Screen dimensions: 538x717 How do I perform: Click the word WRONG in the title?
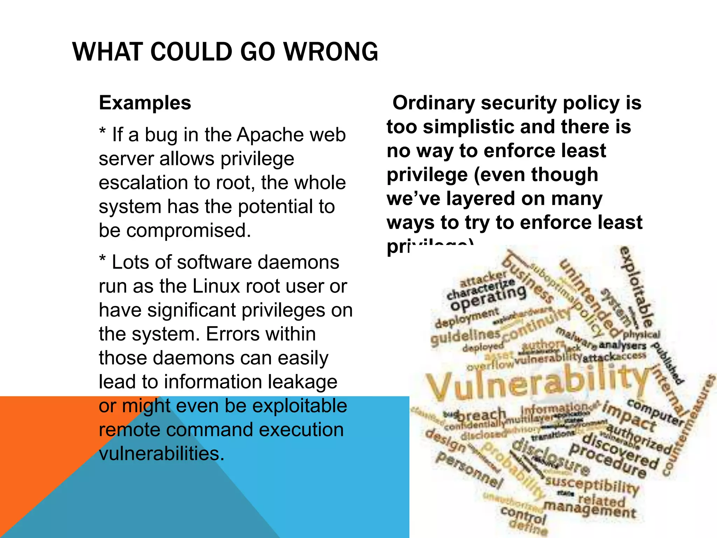pos(330,52)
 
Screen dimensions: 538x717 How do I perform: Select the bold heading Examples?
pos(145,103)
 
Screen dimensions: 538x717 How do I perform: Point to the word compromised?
pos(188,231)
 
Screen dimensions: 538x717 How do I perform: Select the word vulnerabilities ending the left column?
pos(161,454)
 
